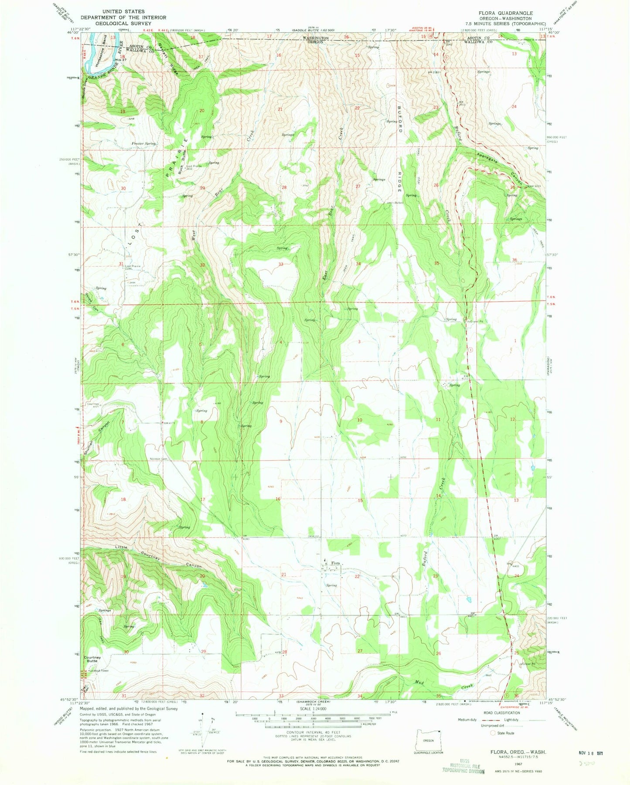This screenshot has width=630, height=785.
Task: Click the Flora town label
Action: (335, 564)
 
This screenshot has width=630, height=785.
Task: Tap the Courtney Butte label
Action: (92, 659)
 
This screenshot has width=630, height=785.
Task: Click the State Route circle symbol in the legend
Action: (493, 733)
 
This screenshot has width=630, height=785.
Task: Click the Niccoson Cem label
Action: (159, 459)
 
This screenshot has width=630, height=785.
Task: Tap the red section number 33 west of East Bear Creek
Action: (281, 264)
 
